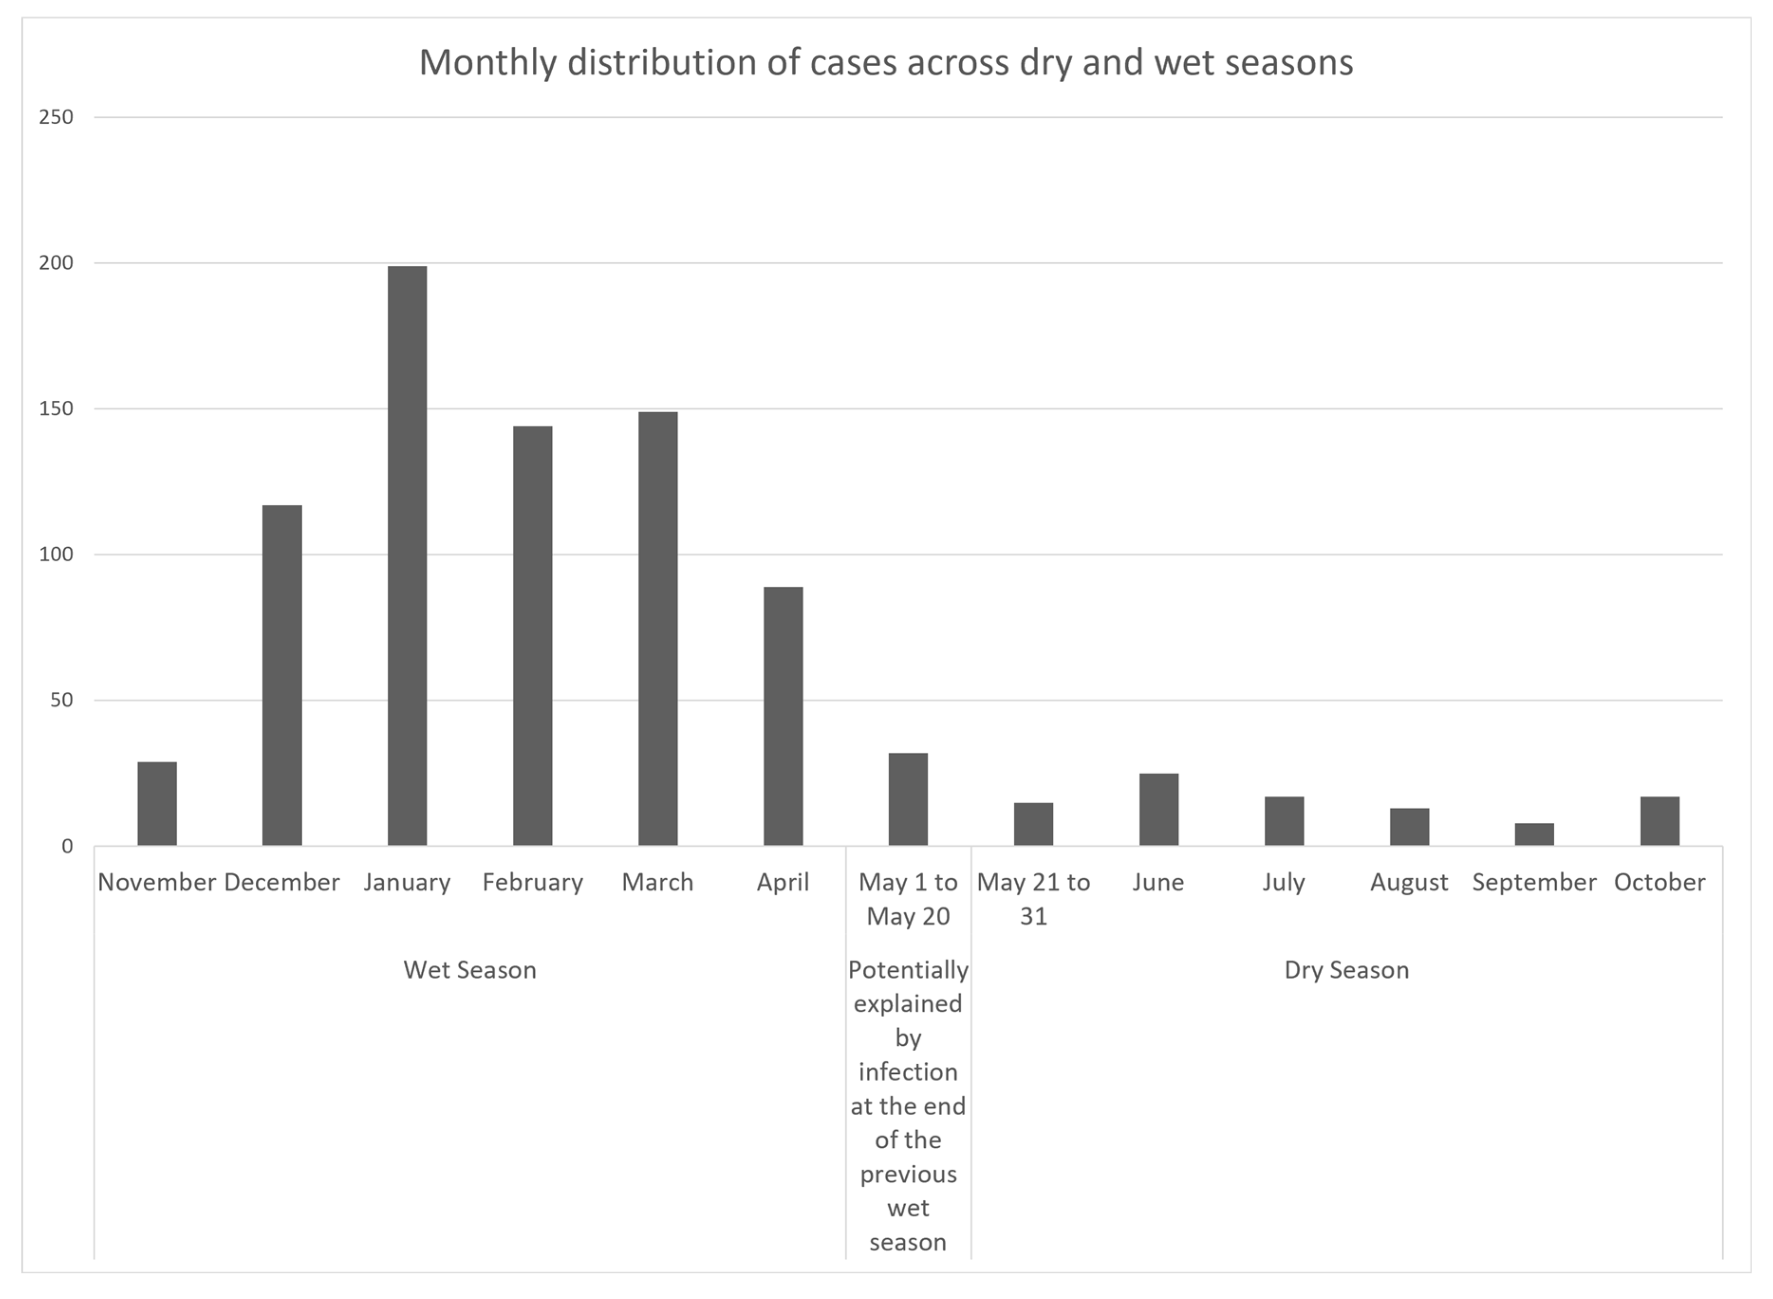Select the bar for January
pyautogui.click(x=408, y=556)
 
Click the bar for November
pyautogui.click(x=158, y=803)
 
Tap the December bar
pyautogui.click(x=282, y=675)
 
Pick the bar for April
pyautogui.click(x=783, y=716)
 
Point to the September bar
pyautogui.click(x=1535, y=834)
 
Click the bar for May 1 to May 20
pyautogui.click(x=909, y=800)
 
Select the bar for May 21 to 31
pyautogui.click(x=1034, y=824)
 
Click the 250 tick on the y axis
pyautogui.click(x=56, y=117)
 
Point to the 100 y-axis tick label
pyautogui.click(x=56, y=554)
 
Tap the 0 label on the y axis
pyautogui.click(x=67, y=846)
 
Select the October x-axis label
pyautogui.click(x=1660, y=882)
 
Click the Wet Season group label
pyautogui.click(x=470, y=969)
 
